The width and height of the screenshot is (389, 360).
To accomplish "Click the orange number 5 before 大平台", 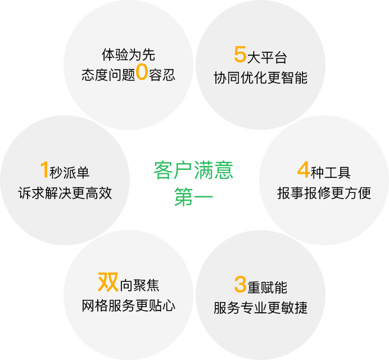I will pos(240,55).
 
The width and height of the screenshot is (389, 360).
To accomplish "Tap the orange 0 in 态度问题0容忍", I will pos(142,73).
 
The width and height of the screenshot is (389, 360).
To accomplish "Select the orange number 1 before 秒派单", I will pos(44,170).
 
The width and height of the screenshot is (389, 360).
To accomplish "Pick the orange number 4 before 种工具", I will pos(304,170).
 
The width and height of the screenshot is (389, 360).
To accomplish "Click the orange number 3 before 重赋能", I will pos(240,285).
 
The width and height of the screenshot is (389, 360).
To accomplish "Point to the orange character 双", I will pos(108,282).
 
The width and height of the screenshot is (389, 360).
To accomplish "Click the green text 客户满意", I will pos(193,170).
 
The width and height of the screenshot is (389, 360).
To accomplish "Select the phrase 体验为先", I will pos(128,55).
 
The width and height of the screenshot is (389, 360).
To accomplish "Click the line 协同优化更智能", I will pos(260,78).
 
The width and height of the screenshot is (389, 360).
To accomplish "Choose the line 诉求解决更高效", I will pos(65,193).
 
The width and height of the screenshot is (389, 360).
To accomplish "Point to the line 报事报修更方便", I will pos(324,193).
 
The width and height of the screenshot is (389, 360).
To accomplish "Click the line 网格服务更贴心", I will pos(128,306).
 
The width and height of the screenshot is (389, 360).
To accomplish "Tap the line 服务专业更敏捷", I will pos(260,308).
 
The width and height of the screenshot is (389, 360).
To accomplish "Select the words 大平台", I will pos(267,57).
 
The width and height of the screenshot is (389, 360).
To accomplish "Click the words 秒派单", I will pos(70,173).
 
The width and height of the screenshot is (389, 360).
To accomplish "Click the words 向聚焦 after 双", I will pos(139,285).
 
